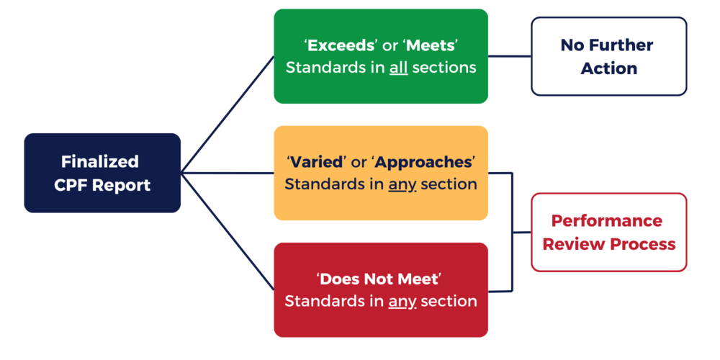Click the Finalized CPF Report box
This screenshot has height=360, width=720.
point(102,173)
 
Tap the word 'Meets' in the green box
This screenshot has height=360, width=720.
point(431,46)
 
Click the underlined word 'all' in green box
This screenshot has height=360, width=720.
point(398,68)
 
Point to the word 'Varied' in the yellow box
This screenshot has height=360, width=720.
point(318,162)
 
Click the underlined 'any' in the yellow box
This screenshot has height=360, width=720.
point(402,184)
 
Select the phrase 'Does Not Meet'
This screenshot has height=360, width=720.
point(379,279)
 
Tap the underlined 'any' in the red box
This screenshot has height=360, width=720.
point(402,301)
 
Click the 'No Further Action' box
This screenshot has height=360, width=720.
point(609,56)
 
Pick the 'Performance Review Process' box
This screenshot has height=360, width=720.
point(609,232)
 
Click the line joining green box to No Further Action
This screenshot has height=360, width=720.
point(510,56)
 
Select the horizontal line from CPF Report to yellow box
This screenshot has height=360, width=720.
point(227,173)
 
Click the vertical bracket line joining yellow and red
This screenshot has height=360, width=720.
point(513,232)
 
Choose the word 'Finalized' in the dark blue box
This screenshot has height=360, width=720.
point(100,161)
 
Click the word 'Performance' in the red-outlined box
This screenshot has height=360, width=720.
point(606,220)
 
